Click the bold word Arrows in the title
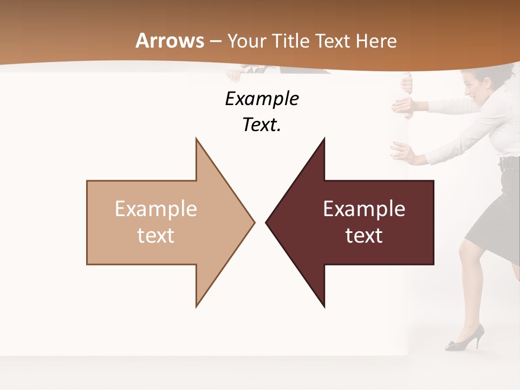pyautogui.click(x=170, y=41)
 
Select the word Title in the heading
pyautogui.click(x=294, y=41)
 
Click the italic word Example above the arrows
pyautogui.click(x=262, y=99)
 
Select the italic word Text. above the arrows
pyautogui.click(x=262, y=125)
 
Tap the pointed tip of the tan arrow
pyautogui.click(x=253, y=222)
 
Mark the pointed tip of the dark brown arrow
pyautogui.click(x=267, y=222)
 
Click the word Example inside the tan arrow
pyautogui.click(x=156, y=209)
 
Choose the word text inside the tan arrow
pyautogui.click(x=156, y=236)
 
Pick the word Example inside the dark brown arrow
pyautogui.click(x=364, y=209)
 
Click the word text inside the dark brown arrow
pyautogui.click(x=364, y=236)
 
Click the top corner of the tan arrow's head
pyautogui.click(x=196, y=139)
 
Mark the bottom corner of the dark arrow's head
pyautogui.click(x=324, y=307)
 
